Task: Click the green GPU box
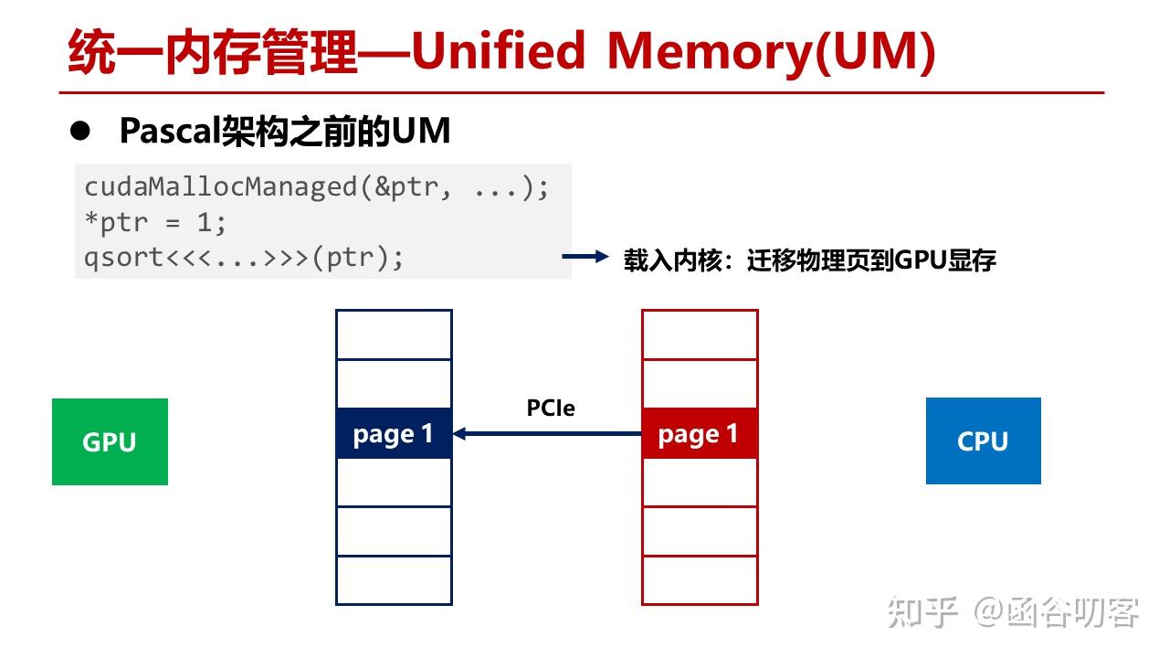coord(110,441)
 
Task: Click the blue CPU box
coord(983,440)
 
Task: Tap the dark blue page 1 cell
coord(394,433)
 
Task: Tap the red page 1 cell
coord(700,433)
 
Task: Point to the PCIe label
coord(551,408)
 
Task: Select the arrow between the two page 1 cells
coord(548,433)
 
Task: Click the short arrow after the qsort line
coord(584,258)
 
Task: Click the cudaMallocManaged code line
coord(317,187)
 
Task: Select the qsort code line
coord(244,258)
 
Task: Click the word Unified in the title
coord(498,52)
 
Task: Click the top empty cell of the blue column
coord(394,334)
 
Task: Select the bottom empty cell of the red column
coord(700,580)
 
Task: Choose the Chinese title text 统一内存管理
coord(212,52)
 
